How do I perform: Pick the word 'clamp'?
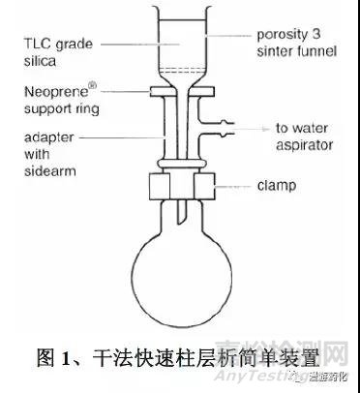tap(276, 182)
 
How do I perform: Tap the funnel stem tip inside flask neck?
tap(179, 213)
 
